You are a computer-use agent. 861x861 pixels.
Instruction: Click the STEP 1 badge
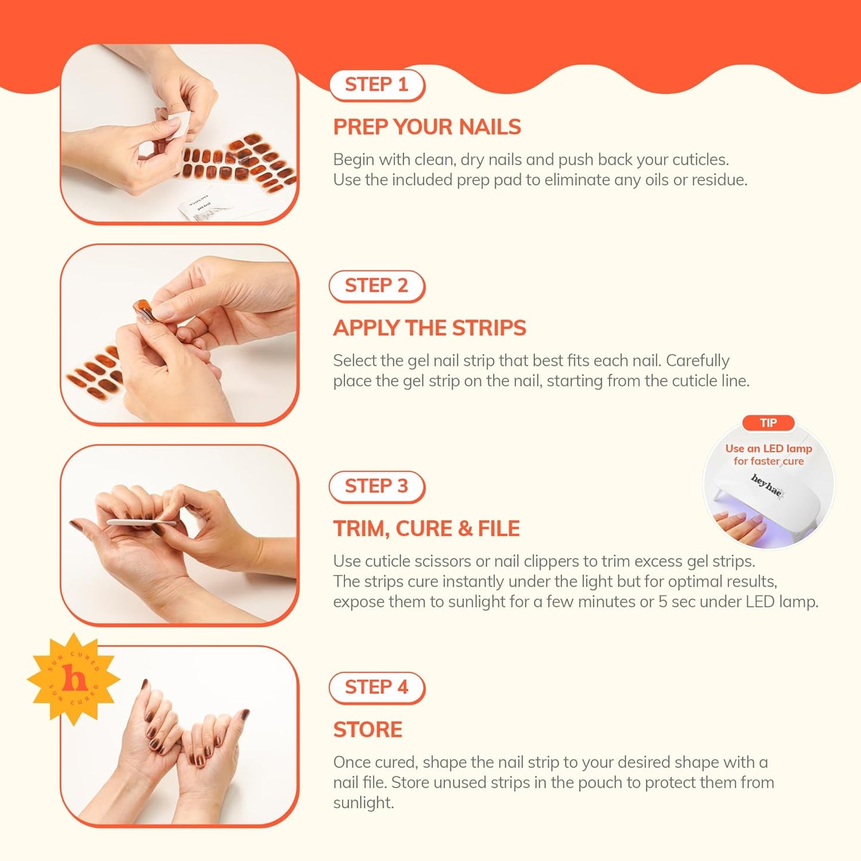point(377,85)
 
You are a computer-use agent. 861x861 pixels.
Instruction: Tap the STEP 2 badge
point(377,286)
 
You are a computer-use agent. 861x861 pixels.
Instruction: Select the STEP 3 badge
point(377,487)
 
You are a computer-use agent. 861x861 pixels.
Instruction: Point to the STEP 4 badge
point(377,688)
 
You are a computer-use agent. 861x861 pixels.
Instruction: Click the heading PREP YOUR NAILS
point(427,128)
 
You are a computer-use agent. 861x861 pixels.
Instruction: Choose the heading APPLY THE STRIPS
point(430,328)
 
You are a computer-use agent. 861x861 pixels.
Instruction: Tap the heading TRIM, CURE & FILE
point(426,529)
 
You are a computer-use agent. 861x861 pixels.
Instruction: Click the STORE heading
point(368,730)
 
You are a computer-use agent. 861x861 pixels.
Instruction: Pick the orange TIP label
point(768,423)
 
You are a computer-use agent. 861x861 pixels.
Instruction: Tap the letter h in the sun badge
point(74,680)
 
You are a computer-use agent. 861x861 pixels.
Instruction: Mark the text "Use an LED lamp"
point(769,449)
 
